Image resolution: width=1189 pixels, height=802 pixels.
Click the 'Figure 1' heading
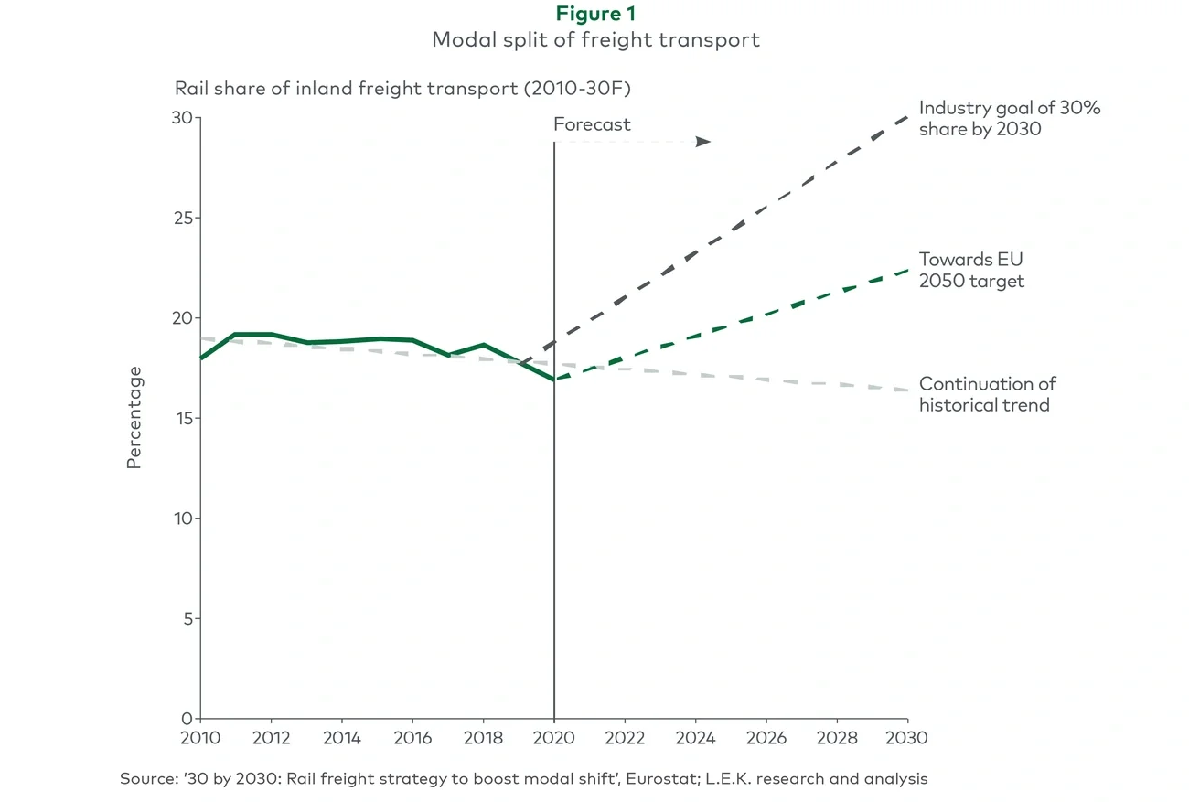(595, 14)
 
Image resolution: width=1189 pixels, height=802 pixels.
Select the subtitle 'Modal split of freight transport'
(595, 40)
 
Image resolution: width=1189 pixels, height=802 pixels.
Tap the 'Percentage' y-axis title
(134, 417)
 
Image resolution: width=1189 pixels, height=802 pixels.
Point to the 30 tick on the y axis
(184, 118)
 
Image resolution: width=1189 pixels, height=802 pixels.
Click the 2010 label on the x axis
(200, 737)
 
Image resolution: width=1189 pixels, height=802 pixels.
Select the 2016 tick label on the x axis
(412, 737)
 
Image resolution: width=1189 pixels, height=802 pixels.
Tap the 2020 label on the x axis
(554, 737)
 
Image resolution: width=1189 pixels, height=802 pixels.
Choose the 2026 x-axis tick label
(766, 737)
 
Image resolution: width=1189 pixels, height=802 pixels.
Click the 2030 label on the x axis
(908, 737)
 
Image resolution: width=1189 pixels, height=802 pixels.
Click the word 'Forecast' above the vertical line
(592, 124)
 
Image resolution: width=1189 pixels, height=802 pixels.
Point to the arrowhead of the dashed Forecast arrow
(703, 142)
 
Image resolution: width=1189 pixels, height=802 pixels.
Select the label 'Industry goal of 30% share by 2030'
(1010, 118)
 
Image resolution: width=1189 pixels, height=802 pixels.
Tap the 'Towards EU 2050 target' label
(971, 270)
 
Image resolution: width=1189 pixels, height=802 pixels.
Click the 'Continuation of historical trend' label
(988, 394)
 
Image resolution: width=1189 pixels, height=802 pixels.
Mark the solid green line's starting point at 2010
(201, 358)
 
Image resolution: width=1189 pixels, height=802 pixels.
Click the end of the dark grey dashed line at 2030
(907, 117)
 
